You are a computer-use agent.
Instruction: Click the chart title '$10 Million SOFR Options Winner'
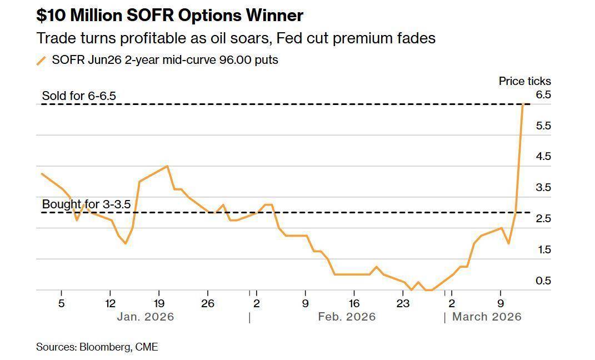click(x=169, y=16)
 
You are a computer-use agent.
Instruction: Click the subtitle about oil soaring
click(x=236, y=38)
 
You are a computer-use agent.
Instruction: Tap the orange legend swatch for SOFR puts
click(x=41, y=61)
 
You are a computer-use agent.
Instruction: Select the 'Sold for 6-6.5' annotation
click(x=79, y=96)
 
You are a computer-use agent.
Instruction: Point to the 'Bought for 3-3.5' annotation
click(x=86, y=204)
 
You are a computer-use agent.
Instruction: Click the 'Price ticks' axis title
click(x=524, y=81)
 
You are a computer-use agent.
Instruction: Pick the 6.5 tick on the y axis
click(x=543, y=95)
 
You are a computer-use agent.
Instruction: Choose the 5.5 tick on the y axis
click(x=543, y=126)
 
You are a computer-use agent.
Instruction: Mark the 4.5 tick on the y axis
click(x=543, y=157)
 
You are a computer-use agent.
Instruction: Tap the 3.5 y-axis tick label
click(x=543, y=188)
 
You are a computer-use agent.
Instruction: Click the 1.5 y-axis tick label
click(x=543, y=250)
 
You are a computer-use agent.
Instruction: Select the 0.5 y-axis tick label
click(x=543, y=281)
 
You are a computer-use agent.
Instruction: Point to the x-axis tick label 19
click(x=159, y=303)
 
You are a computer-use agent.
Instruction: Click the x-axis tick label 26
click(x=207, y=303)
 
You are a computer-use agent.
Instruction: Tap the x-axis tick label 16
click(x=354, y=303)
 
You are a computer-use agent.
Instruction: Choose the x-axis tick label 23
click(x=402, y=303)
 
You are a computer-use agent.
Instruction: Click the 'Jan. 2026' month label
click(x=145, y=317)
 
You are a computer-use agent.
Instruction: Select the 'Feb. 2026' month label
click(x=347, y=317)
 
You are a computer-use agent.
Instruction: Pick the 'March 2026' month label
click(x=487, y=317)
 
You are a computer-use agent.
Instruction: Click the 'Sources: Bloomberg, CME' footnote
click(x=97, y=347)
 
